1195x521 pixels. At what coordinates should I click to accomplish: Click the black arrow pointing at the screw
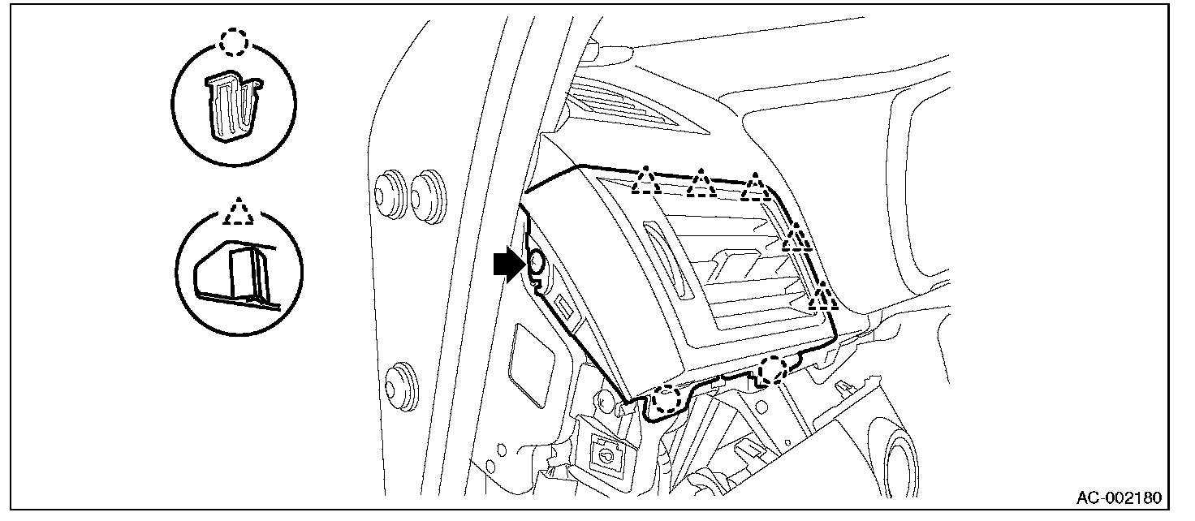click(x=507, y=265)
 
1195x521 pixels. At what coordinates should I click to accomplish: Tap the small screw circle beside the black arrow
click(x=537, y=261)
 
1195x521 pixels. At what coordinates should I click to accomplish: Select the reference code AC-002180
click(x=1120, y=497)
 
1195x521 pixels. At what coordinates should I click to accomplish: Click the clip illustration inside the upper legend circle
click(x=234, y=105)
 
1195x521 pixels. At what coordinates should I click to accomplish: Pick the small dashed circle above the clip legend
click(x=235, y=42)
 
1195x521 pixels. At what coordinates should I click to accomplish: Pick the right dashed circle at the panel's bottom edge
click(x=772, y=371)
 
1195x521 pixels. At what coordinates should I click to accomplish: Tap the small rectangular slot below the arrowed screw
click(x=562, y=307)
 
